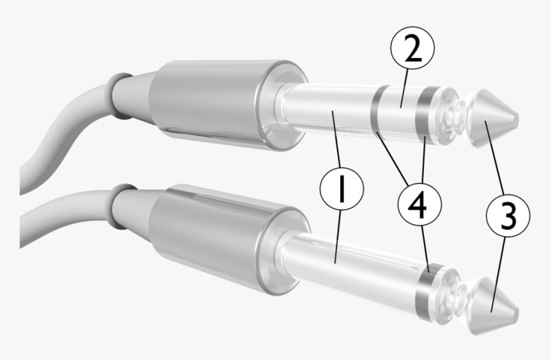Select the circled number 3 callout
pyautogui.click(x=507, y=216)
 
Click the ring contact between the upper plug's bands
pyautogui.click(x=400, y=113)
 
